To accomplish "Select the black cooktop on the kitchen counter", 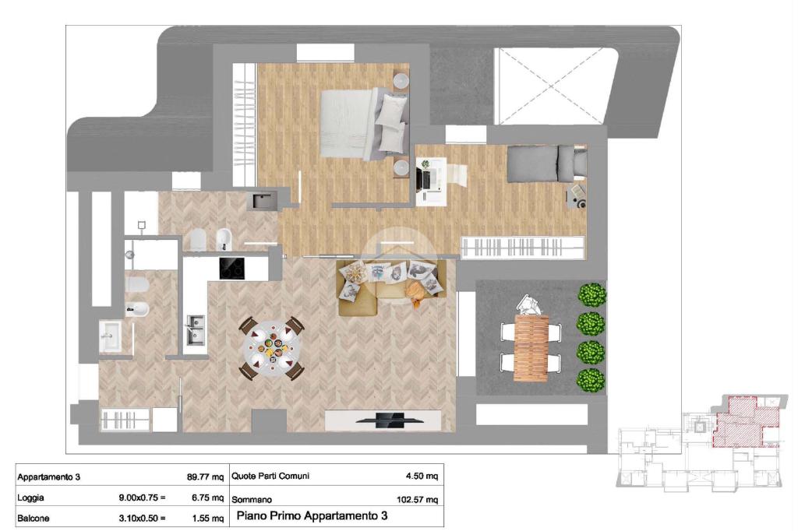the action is pyautogui.click(x=231, y=268).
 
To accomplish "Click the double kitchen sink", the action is pyautogui.click(x=196, y=329).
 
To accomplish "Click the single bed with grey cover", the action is pyautogui.click(x=546, y=164).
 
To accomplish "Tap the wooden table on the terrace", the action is pyautogui.click(x=531, y=348).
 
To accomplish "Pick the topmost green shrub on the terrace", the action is pyautogui.click(x=592, y=295).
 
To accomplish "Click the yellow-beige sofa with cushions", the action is pyautogui.click(x=391, y=287).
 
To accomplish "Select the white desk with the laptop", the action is pyautogui.click(x=431, y=181).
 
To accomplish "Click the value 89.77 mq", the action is pyautogui.click(x=205, y=477).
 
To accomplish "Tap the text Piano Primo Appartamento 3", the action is pyautogui.click(x=312, y=515).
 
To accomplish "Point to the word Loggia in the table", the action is pyautogui.click(x=30, y=498).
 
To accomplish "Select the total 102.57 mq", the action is pyautogui.click(x=417, y=499).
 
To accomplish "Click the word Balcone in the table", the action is pyautogui.click(x=33, y=519).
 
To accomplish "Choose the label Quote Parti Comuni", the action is pyautogui.click(x=270, y=476).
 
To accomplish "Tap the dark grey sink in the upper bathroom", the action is pyautogui.click(x=262, y=200).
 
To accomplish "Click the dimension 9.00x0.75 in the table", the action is pyautogui.click(x=142, y=498).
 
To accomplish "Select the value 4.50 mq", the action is pyautogui.click(x=422, y=476).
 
